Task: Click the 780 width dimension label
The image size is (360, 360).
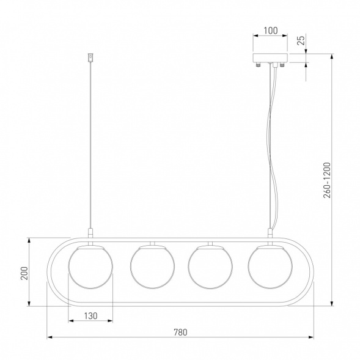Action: pos(180,332)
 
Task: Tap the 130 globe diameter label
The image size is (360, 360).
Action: pos(90,316)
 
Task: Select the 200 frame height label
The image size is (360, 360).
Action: pos(24,273)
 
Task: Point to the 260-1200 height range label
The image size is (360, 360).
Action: pos(327,180)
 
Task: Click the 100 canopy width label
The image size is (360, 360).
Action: pos(271,31)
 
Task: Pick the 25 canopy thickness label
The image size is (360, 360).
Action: pos(302,40)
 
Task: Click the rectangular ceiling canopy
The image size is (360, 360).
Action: pos(270,57)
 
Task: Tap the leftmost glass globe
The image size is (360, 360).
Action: pos(90,266)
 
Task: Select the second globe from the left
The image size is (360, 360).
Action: pos(152,266)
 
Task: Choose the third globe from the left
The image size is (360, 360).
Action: pos(210,266)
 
